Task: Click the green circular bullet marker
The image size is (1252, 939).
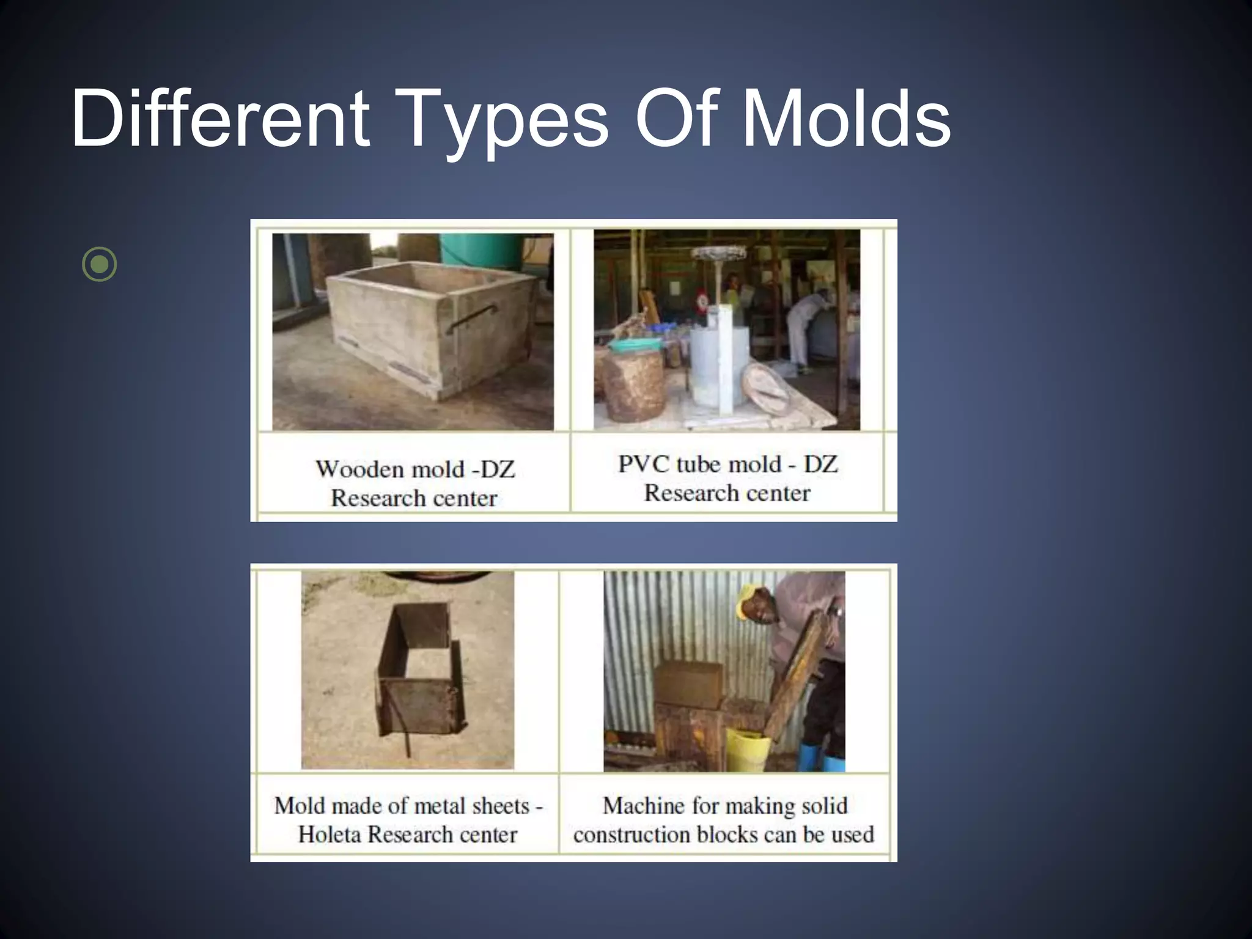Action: [x=99, y=265]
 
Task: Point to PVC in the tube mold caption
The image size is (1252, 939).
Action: [x=638, y=464]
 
